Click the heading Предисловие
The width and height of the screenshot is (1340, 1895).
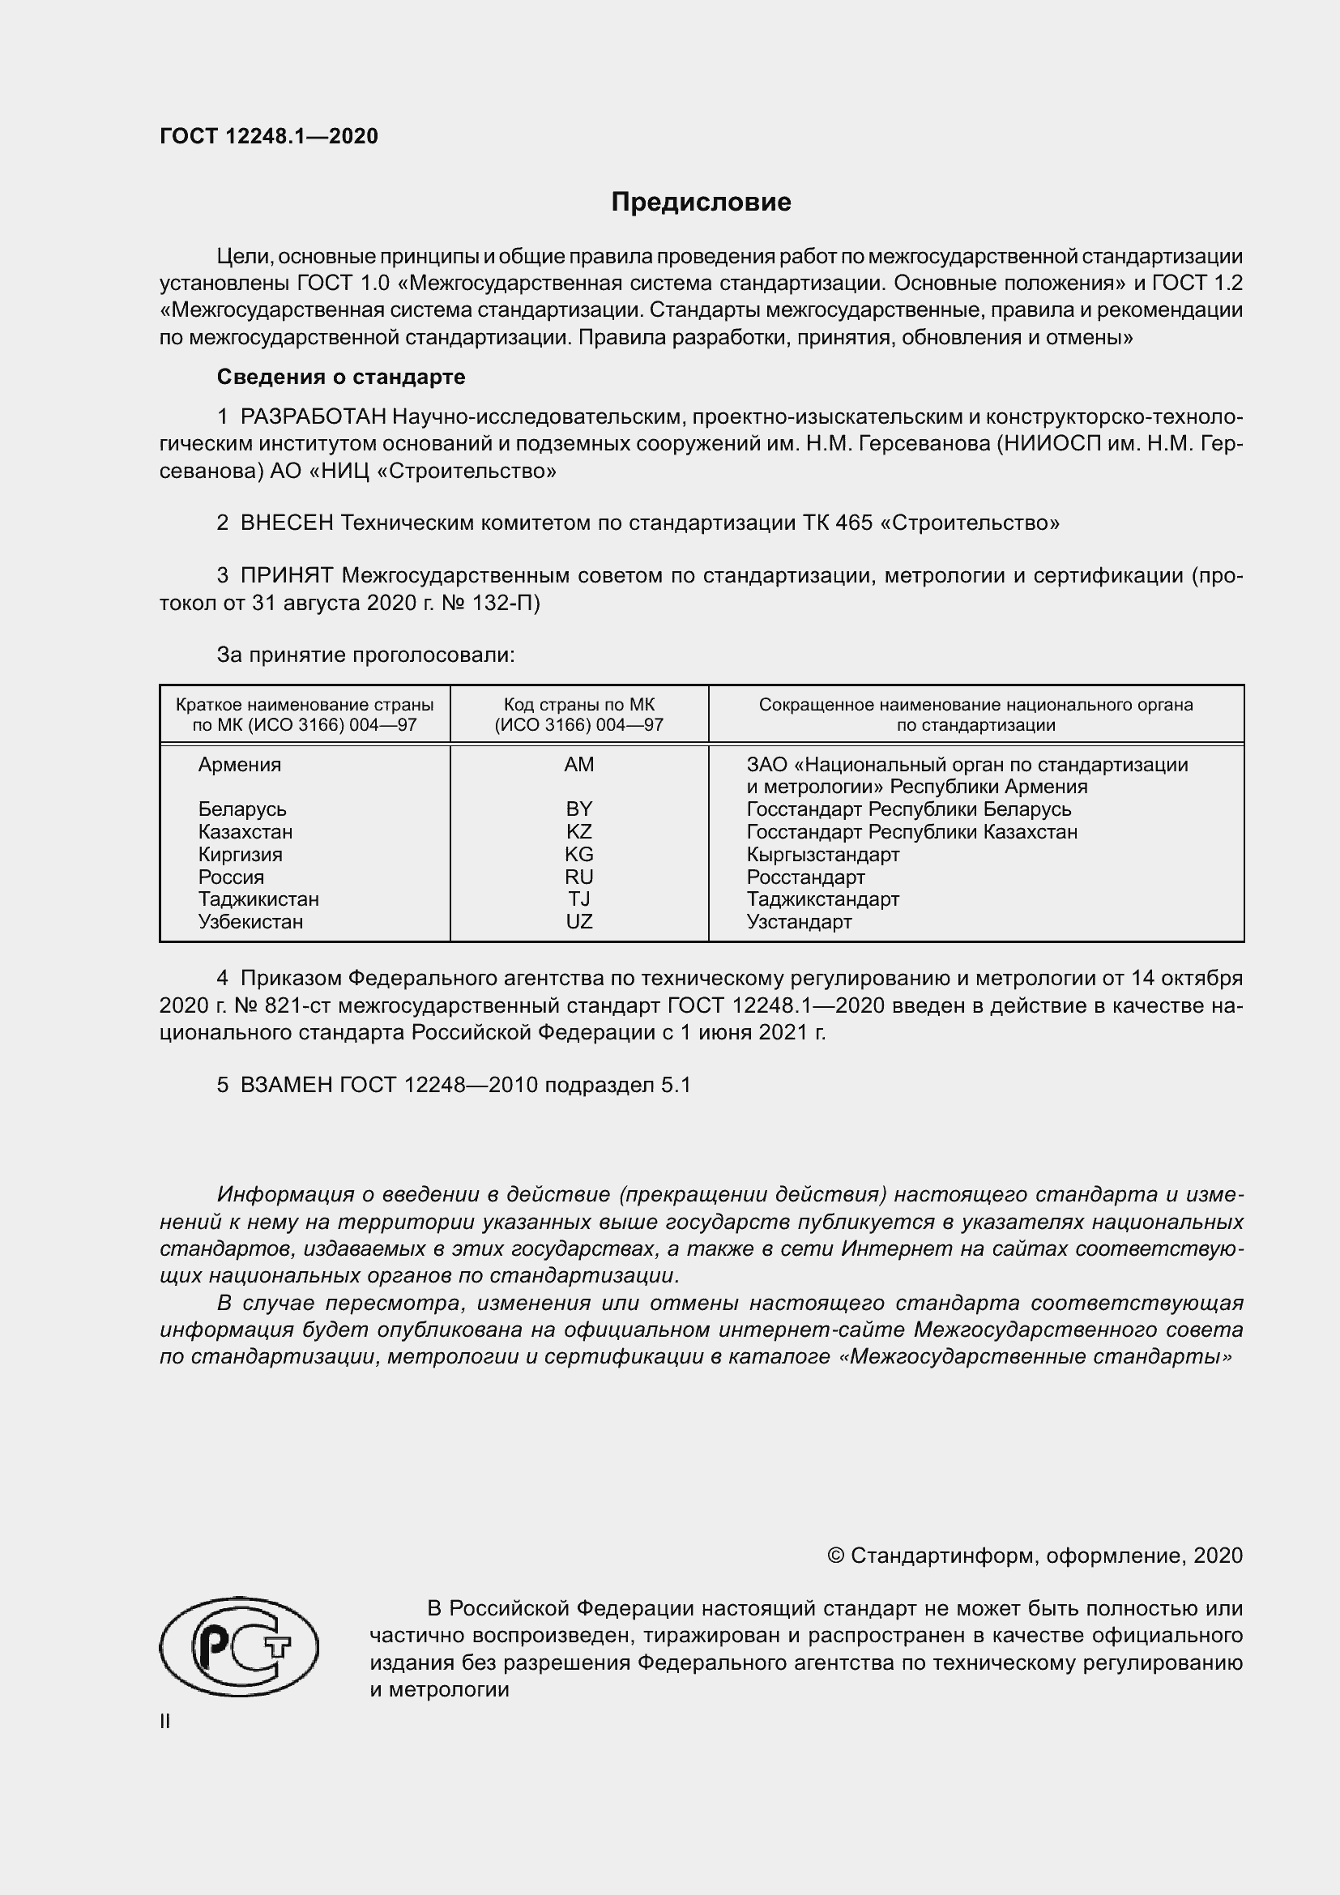tap(701, 203)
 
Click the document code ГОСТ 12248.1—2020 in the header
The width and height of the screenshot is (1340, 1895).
tap(269, 136)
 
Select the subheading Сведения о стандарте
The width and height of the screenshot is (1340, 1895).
tap(341, 378)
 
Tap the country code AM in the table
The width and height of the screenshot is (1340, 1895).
tap(579, 764)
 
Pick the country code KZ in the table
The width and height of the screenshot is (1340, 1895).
tap(579, 832)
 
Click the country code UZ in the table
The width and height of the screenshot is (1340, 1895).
tap(579, 922)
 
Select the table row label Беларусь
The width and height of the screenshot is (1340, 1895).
tap(242, 809)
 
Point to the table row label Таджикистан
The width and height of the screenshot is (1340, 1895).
tap(258, 898)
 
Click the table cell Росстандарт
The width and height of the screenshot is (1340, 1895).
tap(805, 877)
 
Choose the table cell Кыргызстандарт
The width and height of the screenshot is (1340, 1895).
tap(822, 854)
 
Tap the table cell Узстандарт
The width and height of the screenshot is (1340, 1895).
tap(799, 922)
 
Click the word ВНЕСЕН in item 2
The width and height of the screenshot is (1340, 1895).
tap(287, 523)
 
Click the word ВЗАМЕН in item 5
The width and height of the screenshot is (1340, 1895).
tap(286, 1085)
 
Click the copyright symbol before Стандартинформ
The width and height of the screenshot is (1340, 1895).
tap(835, 1556)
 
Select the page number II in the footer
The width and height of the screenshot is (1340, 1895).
tap(165, 1721)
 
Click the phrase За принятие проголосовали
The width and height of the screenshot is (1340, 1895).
tap(365, 655)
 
